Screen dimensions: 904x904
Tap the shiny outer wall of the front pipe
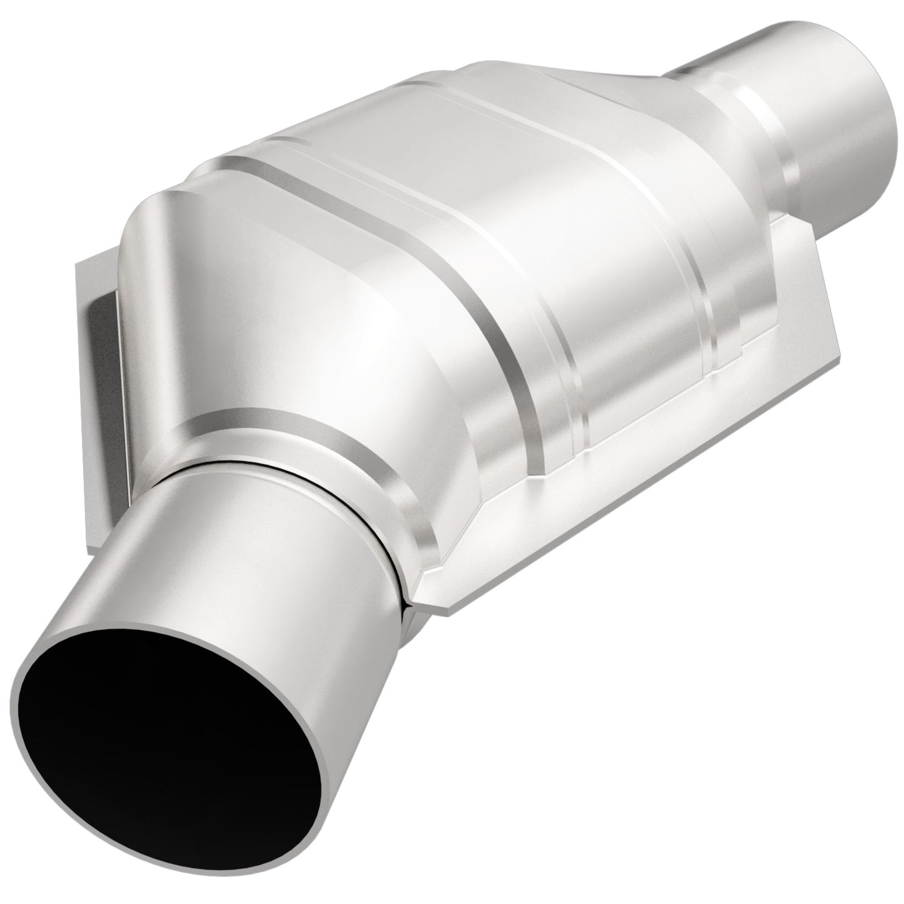[313, 563]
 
